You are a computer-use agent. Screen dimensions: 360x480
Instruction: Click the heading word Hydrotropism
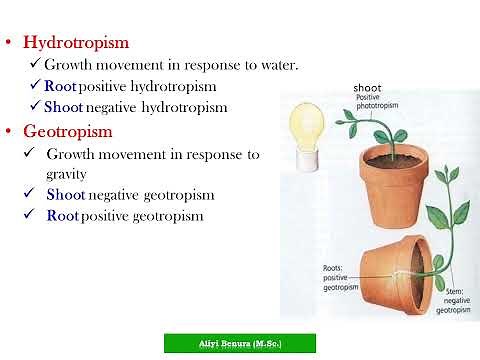[x=76, y=43]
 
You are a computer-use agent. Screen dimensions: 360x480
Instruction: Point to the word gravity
[x=67, y=173]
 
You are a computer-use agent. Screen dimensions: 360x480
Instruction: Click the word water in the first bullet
[x=276, y=65]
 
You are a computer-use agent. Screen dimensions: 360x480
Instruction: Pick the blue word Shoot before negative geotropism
[x=66, y=194]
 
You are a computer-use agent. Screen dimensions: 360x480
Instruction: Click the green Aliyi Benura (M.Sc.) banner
[x=239, y=343]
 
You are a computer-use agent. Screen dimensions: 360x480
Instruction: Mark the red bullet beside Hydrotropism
[x=9, y=44]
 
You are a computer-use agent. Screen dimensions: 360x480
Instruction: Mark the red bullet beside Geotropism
[x=9, y=132]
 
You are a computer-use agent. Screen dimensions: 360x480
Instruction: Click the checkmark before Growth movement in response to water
[x=36, y=65]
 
